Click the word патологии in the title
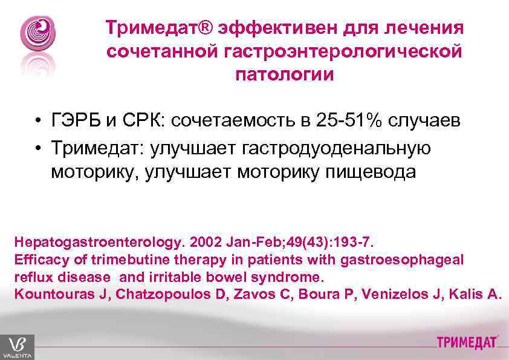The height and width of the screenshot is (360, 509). point(284,75)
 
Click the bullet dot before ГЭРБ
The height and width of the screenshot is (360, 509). point(37,120)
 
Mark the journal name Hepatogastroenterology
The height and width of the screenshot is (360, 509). point(97,243)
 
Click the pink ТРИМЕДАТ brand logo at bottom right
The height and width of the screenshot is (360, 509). point(467,342)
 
